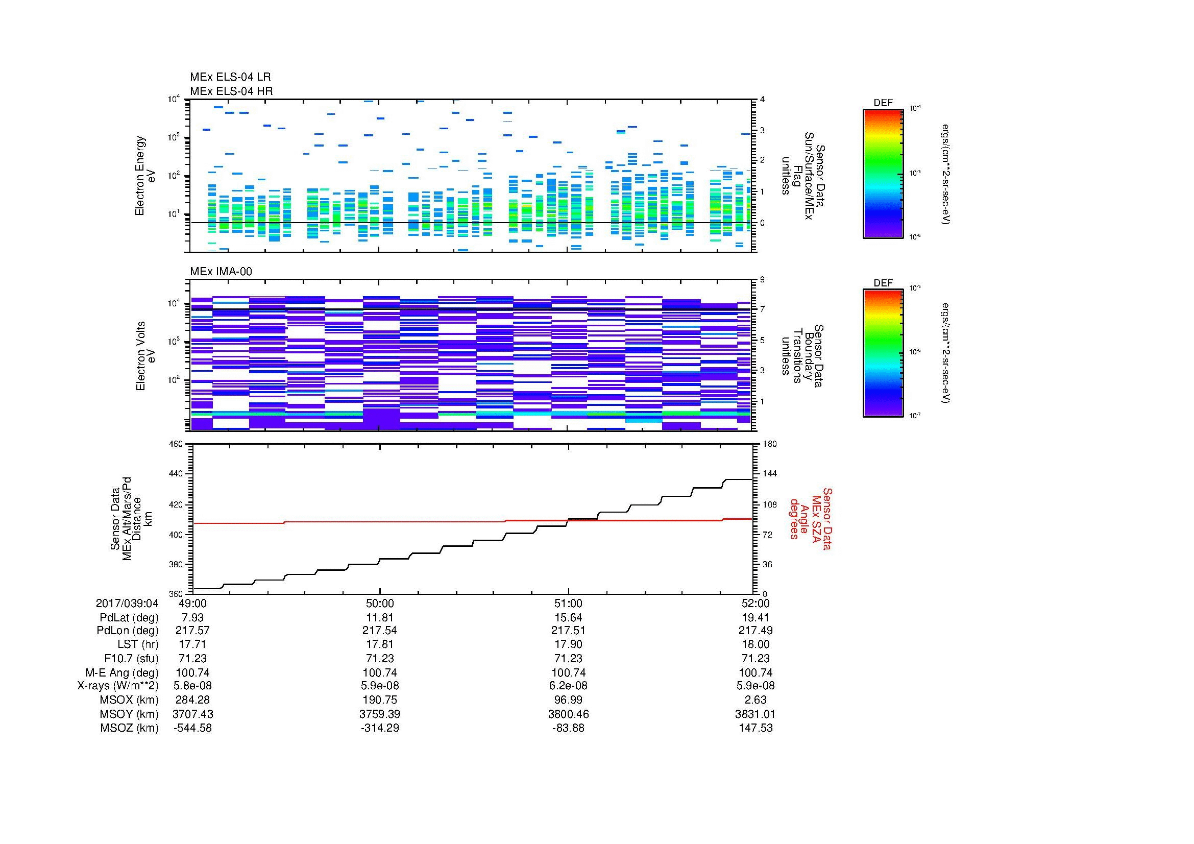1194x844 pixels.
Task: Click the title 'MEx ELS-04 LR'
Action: (230, 77)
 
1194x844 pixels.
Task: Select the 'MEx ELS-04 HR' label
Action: (231, 91)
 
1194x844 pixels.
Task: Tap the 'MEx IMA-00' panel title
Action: (221, 272)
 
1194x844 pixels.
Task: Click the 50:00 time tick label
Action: (380, 603)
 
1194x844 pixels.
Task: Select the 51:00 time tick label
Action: (568, 603)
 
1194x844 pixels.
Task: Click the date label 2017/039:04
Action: (127, 603)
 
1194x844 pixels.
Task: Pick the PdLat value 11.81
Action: (380, 618)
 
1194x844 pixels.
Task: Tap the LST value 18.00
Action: (756, 644)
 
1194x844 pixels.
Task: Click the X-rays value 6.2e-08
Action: (568, 686)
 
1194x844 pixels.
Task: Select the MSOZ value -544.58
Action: (192, 728)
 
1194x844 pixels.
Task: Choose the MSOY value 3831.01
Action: (756, 714)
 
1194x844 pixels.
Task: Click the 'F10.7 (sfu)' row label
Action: (131, 658)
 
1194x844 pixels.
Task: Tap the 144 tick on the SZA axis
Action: (769, 474)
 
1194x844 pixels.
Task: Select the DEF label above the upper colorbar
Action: (883, 103)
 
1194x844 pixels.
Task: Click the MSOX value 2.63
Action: (756, 700)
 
